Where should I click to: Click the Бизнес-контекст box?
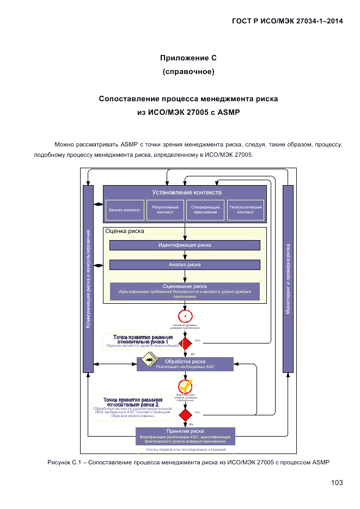coord(125,210)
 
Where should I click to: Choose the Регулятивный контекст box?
coord(165,210)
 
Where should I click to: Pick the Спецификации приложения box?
coord(205,210)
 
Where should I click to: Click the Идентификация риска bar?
coord(185,245)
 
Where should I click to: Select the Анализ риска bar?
coord(185,265)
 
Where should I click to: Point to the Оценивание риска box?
coord(185,291)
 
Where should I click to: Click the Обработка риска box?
coord(185,364)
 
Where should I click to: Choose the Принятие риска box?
coord(185,436)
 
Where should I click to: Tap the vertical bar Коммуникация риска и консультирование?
coord(88,279)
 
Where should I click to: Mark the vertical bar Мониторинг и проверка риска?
coord(288,279)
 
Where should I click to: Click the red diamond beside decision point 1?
coord(186,344)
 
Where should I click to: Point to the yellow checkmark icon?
coord(186,385)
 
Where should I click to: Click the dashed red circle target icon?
coord(186,316)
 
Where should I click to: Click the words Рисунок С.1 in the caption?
coord(64,463)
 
